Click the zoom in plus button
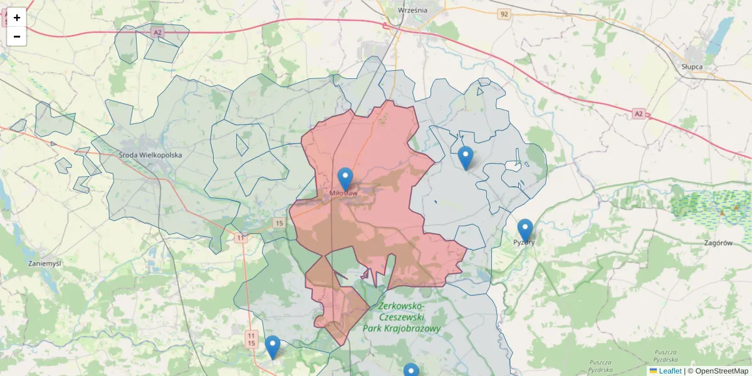17,18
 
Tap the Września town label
412,10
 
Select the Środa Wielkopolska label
150,154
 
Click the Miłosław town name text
343,194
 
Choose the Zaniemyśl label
44,263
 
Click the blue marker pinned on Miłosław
345,178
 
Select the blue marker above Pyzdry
525,229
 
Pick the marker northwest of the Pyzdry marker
465,157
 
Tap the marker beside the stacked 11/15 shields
273,346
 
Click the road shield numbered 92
504,13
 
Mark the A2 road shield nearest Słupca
638,113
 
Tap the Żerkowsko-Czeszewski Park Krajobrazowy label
402,316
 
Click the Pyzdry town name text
524,242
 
